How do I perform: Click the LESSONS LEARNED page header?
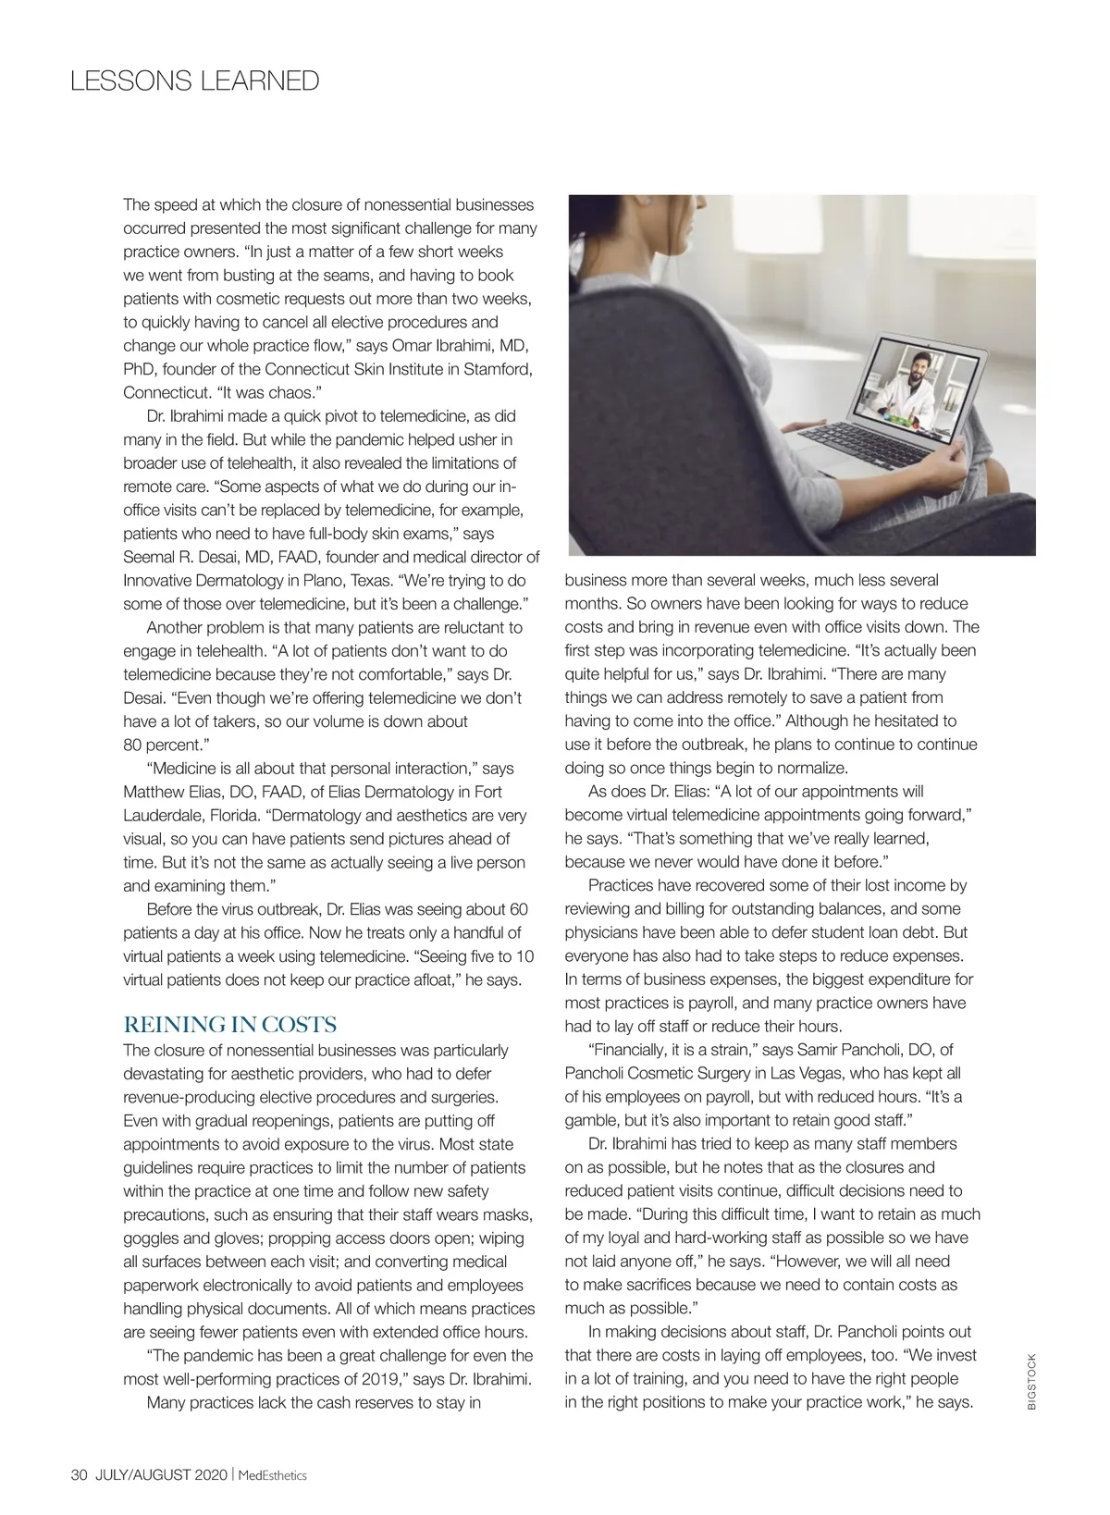194,81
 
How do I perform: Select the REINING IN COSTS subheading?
229,1025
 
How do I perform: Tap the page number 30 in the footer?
79,1475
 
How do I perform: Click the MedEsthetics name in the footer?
272,1475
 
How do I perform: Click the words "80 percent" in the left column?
162,745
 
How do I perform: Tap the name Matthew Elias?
168,792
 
